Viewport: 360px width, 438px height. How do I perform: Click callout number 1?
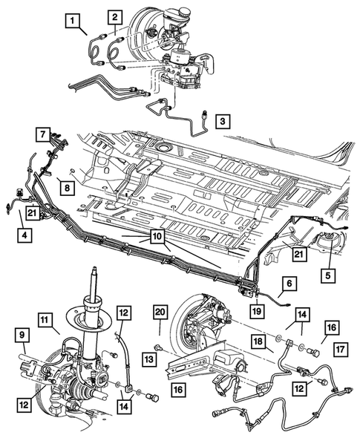pos(73,21)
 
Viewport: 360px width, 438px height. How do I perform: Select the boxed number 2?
pos(115,17)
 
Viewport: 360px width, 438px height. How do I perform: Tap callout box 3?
pos(223,121)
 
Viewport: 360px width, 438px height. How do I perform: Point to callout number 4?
pos(24,235)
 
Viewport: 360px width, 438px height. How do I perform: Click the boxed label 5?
pos(328,275)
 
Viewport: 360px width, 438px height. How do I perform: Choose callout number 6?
pos(289,284)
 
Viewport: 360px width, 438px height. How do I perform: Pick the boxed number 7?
pos(43,134)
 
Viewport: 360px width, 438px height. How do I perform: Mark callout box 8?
pos(68,188)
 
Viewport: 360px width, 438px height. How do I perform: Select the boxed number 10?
pos(157,237)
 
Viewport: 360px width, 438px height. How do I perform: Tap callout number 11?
pos(45,320)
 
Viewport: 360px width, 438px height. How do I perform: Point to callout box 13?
pos(149,359)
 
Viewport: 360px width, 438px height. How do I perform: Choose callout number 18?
pos(258,342)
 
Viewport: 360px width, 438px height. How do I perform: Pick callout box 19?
pos(257,310)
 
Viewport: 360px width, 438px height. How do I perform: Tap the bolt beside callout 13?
pos(159,347)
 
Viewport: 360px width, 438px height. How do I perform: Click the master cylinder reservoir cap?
pos(183,13)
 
